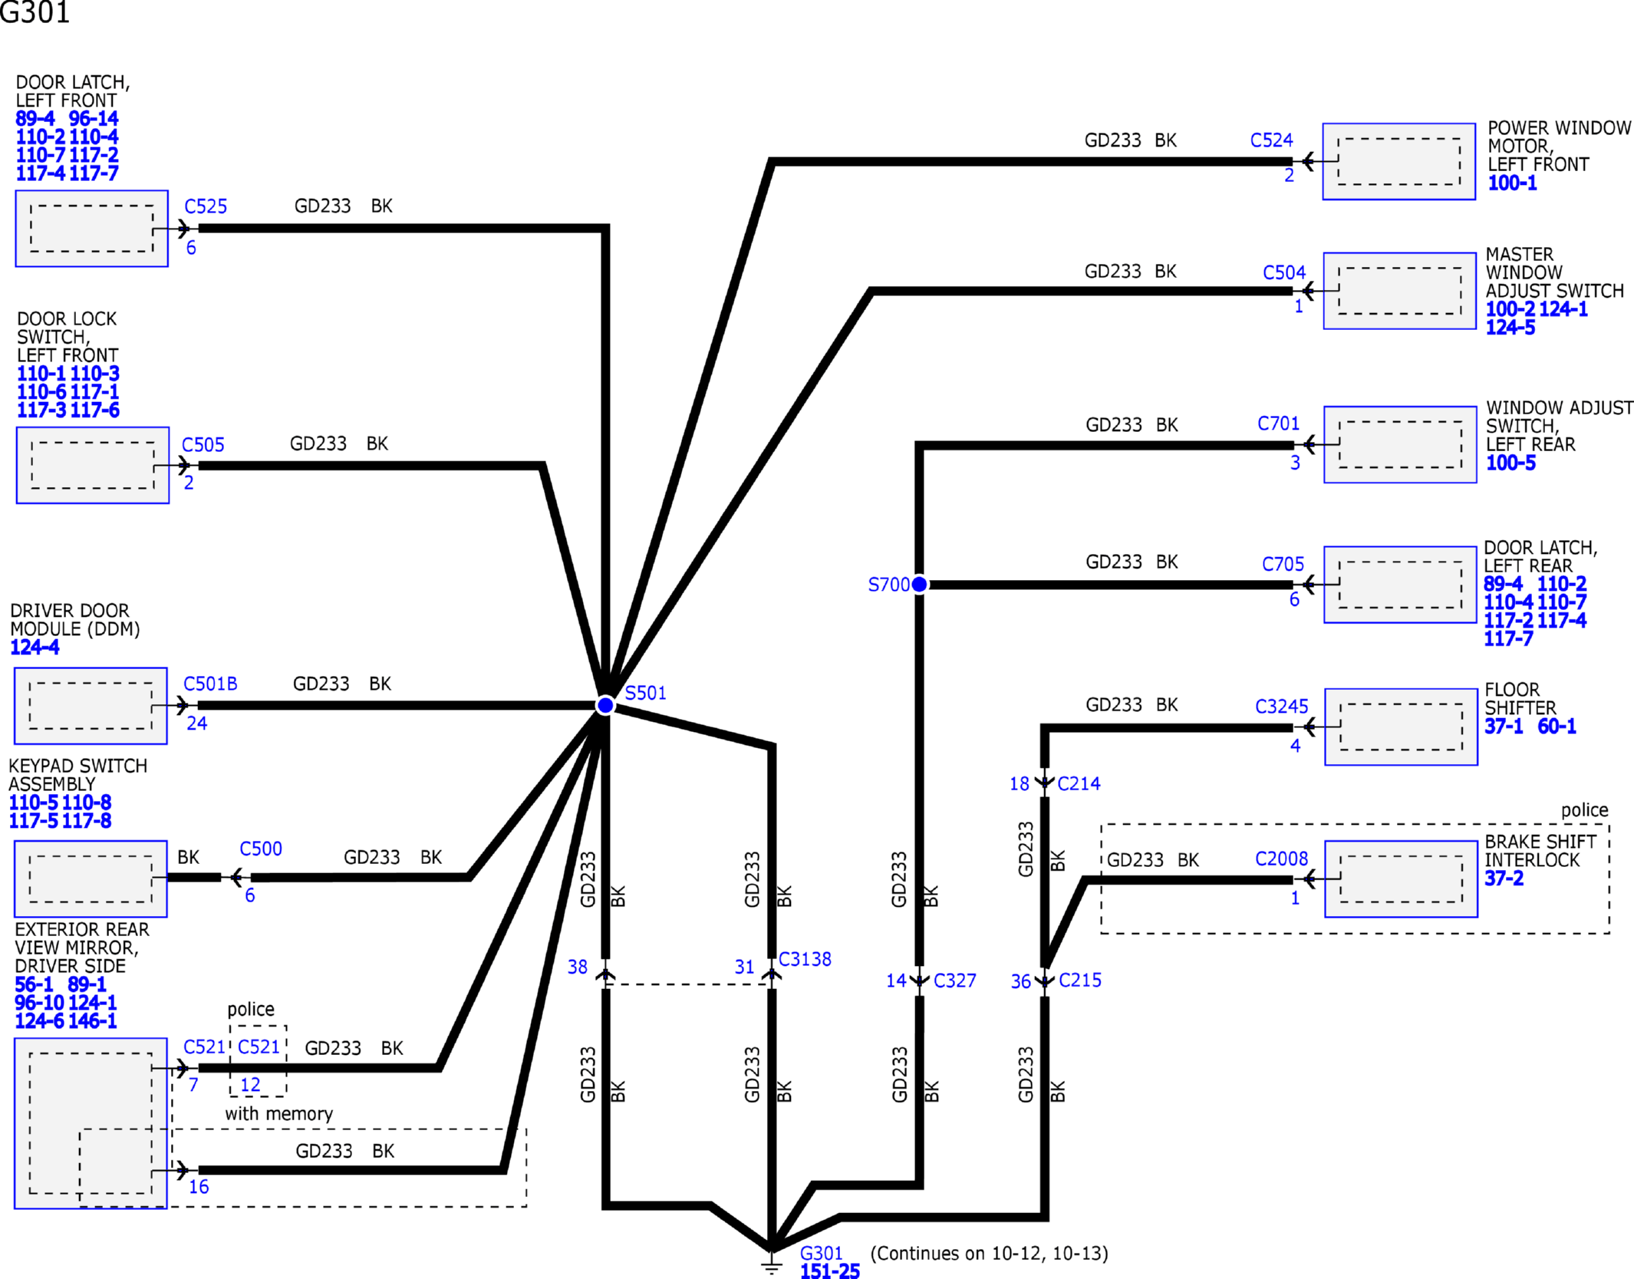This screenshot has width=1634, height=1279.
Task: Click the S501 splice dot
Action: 605,705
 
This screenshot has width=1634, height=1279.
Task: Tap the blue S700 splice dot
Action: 919,585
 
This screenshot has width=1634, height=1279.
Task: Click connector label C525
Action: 206,206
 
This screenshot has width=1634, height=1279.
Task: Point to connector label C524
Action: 1271,140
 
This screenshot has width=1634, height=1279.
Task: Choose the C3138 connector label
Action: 805,959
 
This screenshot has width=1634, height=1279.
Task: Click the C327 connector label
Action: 954,981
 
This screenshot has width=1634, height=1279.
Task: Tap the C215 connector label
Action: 1080,980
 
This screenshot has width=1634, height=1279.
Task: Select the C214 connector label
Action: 1079,783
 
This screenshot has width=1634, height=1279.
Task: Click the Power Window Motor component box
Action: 1398,162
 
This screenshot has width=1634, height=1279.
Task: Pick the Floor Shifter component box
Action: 1401,727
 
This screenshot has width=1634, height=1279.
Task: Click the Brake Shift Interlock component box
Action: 1401,879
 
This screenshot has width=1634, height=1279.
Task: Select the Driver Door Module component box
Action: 91,706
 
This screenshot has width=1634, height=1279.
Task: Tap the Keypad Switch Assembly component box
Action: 91,878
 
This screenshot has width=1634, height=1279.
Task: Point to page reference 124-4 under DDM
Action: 35,648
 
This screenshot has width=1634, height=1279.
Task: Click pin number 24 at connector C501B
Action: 196,724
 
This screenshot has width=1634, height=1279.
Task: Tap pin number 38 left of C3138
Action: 578,967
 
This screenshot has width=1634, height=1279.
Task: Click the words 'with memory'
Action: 278,1113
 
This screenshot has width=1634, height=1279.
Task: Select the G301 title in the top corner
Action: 35,12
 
